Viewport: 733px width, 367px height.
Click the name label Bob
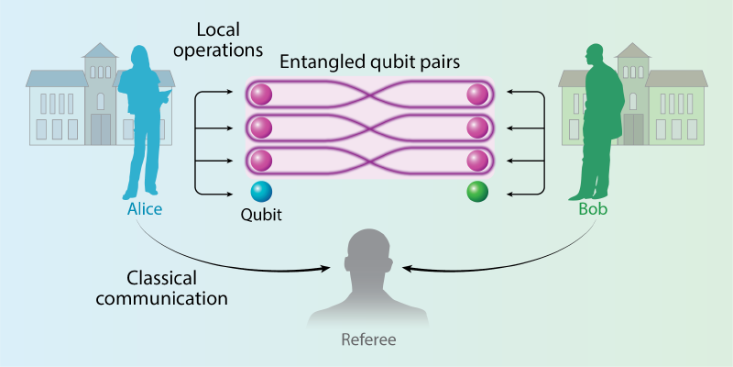pyautogui.click(x=593, y=208)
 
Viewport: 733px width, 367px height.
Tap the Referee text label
pyautogui.click(x=368, y=339)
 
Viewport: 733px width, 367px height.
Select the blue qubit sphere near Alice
pyautogui.click(x=261, y=192)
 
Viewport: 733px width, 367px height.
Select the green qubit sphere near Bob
pyautogui.click(x=476, y=192)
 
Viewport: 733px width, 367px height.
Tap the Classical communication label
pyautogui.click(x=177, y=287)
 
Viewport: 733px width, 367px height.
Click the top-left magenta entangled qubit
pyautogui.click(x=261, y=94)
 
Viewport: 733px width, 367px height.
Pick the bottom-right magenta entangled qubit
pyautogui.click(x=476, y=161)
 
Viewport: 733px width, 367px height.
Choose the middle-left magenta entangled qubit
pyautogui.click(x=261, y=127)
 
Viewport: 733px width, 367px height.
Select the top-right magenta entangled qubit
pyautogui.click(x=476, y=94)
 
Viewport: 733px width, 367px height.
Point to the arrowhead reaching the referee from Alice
pyautogui.click(x=325, y=268)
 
